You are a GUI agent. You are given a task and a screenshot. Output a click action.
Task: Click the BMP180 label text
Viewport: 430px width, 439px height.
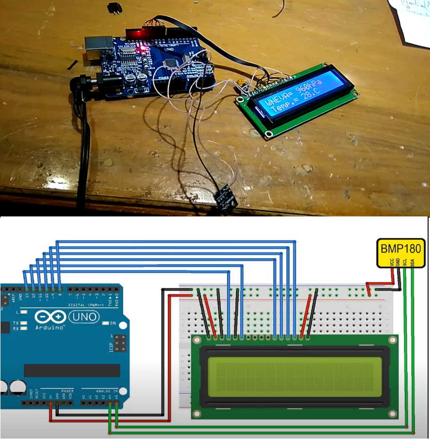coord(400,248)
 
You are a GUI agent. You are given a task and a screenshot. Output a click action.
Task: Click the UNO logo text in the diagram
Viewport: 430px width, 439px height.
coord(83,317)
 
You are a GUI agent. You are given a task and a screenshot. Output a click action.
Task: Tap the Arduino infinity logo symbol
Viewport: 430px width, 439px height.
coord(50,317)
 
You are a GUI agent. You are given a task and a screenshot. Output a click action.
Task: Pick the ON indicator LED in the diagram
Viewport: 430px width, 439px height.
coord(106,323)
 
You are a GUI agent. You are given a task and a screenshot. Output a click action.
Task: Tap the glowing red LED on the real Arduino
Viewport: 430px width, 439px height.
coord(140,49)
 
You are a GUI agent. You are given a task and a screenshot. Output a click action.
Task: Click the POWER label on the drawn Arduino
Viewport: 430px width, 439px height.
coord(67,391)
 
